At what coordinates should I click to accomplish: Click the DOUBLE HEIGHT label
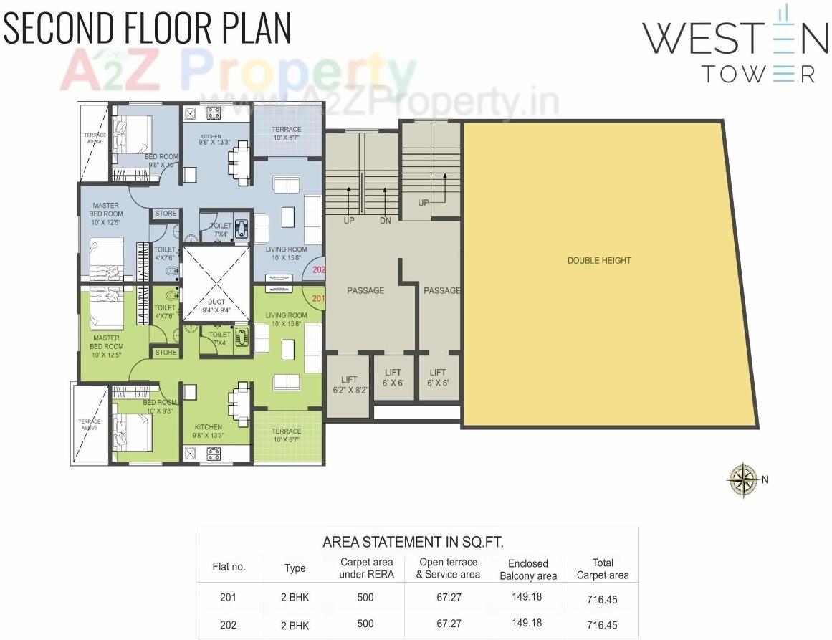click(x=599, y=260)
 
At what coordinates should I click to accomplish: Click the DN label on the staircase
click(x=386, y=221)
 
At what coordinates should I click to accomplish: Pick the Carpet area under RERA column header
click(x=366, y=568)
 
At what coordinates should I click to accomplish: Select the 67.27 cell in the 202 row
click(x=449, y=624)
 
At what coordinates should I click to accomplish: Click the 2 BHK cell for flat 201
click(x=295, y=597)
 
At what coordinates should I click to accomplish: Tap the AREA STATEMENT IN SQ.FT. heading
click(x=418, y=542)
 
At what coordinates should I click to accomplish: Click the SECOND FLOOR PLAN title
click(x=148, y=29)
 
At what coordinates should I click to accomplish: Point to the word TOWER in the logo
click(x=757, y=73)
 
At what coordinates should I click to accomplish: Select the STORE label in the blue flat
click(x=166, y=213)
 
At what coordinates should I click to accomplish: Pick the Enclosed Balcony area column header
click(x=528, y=570)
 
